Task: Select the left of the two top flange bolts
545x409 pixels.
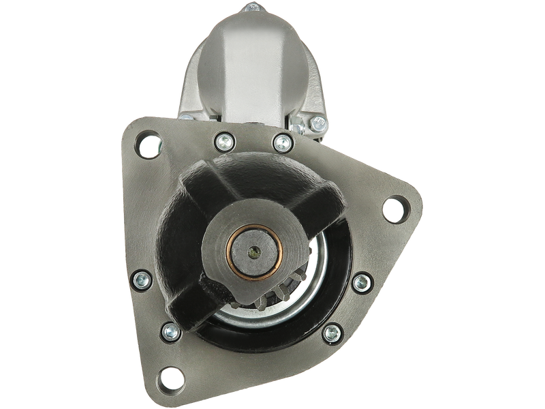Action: pos(222,142)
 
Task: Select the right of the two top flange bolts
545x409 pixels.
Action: pos(281,143)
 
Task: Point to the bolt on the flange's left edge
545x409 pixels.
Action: pos(142,278)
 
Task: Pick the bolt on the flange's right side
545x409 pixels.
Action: pos(361,282)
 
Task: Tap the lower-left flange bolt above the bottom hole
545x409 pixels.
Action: pos(170,332)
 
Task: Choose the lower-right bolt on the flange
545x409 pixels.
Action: pos(332,332)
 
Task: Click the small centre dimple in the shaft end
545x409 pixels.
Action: pos(254,252)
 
